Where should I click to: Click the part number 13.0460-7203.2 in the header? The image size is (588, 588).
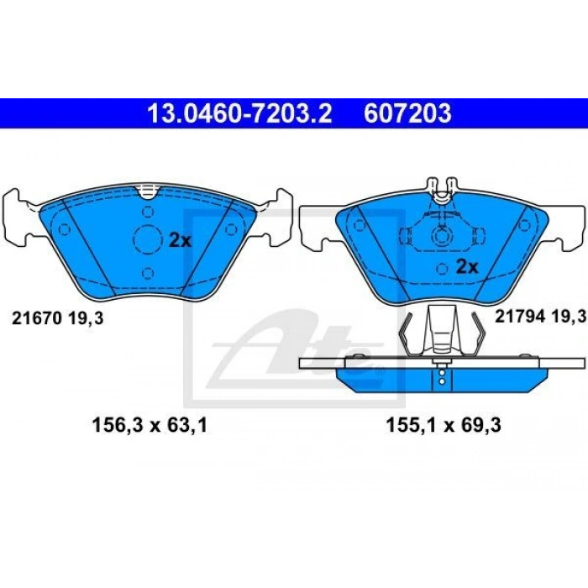tap(239, 113)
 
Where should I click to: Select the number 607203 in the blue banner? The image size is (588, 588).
tap(407, 113)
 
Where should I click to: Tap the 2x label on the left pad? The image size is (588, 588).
tap(180, 240)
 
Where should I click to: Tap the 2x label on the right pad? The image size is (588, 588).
tap(466, 267)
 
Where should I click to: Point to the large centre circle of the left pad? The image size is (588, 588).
tap(149, 241)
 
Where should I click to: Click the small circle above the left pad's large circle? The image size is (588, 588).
tap(149, 212)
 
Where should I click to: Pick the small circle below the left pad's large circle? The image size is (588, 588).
tap(149, 272)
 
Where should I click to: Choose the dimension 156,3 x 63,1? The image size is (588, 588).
tap(148, 426)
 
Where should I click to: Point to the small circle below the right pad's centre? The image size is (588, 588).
tap(441, 269)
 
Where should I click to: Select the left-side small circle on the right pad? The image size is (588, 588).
tap(359, 226)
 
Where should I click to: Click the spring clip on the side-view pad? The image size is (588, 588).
tap(441, 332)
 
